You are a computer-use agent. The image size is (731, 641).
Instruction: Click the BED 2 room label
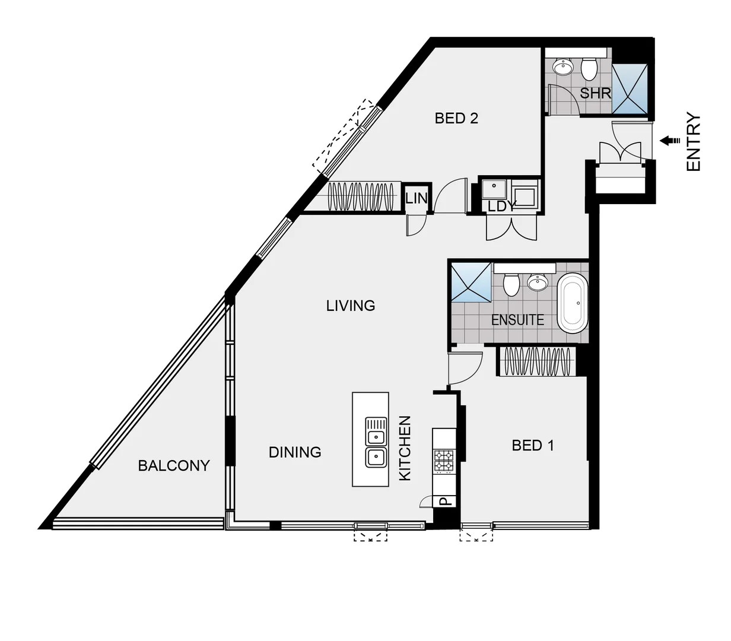coord(456,118)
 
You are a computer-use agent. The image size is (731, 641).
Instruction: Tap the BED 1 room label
coord(533,445)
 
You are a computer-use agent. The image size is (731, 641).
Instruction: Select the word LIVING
coord(351,306)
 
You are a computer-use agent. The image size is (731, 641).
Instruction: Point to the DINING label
coord(295,452)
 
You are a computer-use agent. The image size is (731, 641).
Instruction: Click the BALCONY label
coord(174,466)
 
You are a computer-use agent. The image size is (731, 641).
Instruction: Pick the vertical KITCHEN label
coord(405,448)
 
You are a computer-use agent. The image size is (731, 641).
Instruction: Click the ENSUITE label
coord(517,320)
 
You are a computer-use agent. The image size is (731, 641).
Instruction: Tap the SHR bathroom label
coord(595,93)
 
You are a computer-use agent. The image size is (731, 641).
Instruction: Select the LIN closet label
coord(417,198)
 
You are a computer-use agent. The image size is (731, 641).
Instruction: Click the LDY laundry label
coord(502,206)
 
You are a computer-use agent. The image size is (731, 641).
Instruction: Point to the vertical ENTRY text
coord(694,142)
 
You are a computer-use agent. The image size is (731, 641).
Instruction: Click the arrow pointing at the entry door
coord(670,141)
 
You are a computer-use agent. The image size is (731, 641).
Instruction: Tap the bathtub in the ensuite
coord(573,303)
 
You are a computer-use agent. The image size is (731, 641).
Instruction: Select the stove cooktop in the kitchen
coord(444,461)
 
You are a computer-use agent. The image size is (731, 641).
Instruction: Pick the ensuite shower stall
coord(471,282)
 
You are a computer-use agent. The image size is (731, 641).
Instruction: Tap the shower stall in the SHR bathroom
coord(631,87)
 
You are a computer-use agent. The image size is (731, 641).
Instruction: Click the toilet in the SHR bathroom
coord(589,69)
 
